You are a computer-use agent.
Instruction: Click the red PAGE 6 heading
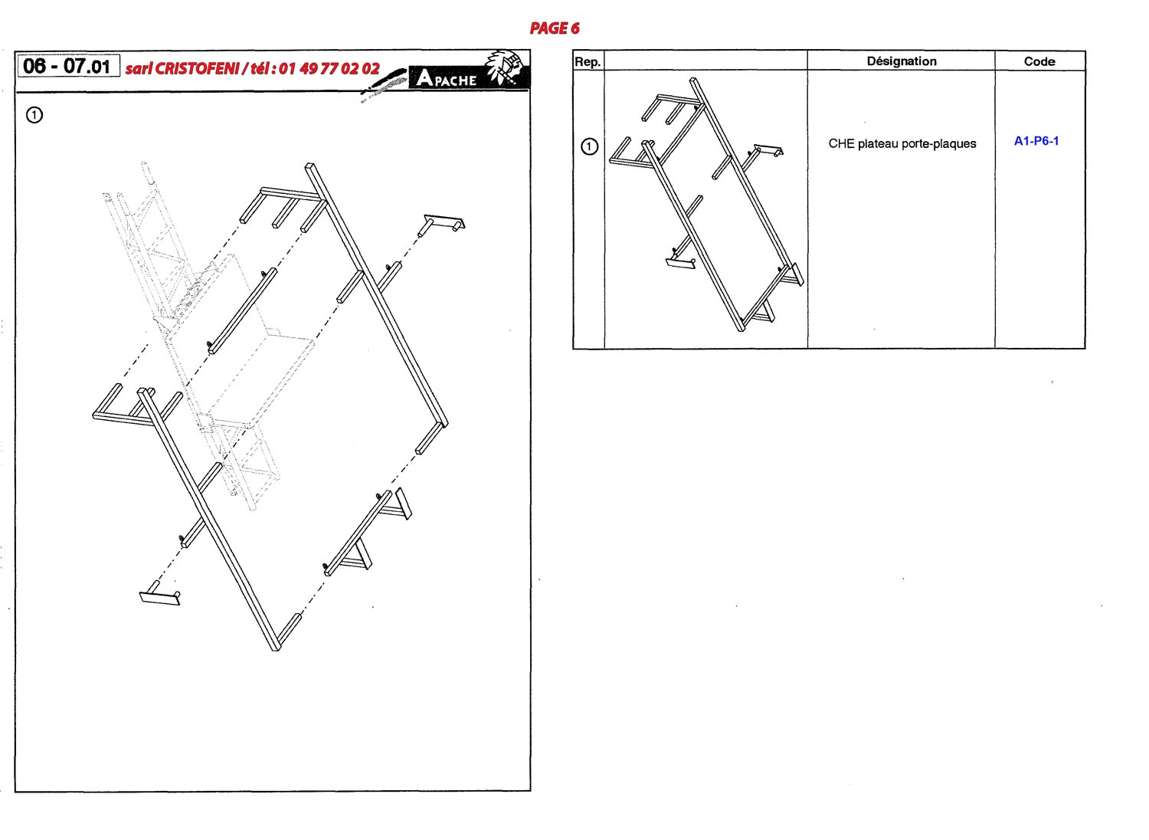[555, 28]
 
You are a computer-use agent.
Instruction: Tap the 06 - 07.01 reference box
[69, 66]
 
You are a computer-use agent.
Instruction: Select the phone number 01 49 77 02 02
[329, 69]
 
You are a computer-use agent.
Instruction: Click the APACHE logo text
[447, 78]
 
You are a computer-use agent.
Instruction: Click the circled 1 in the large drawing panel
[34, 115]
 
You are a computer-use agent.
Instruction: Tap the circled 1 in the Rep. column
[589, 146]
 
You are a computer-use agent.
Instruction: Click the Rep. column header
[588, 62]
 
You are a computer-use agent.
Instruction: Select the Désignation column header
[902, 61]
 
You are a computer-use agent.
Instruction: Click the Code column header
[1039, 61]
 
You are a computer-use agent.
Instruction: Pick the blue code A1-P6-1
[1036, 141]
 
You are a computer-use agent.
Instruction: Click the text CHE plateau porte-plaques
[902, 143]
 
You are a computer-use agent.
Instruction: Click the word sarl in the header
[138, 69]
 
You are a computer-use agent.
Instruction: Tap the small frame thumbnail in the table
[707, 205]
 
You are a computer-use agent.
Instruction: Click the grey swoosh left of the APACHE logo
[384, 84]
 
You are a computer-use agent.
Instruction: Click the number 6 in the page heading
[574, 28]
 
